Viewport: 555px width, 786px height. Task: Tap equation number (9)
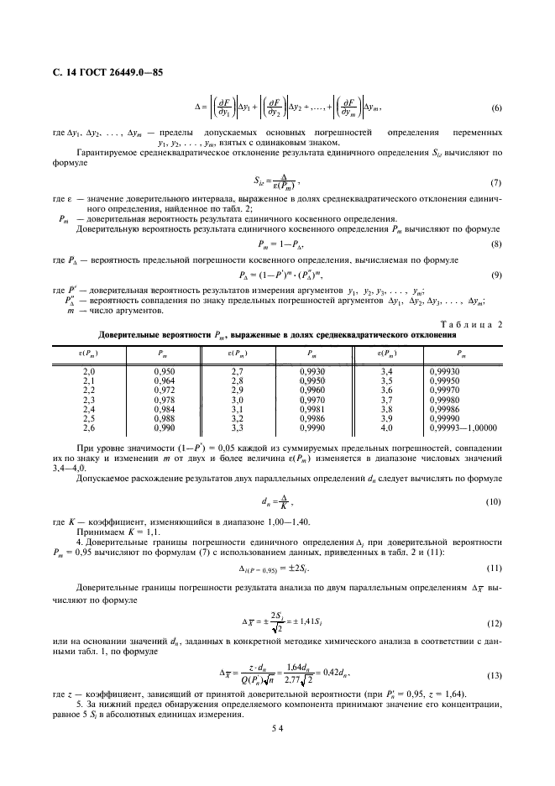tap(496, 275)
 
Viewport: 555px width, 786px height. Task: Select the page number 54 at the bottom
tap(276, 730)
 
